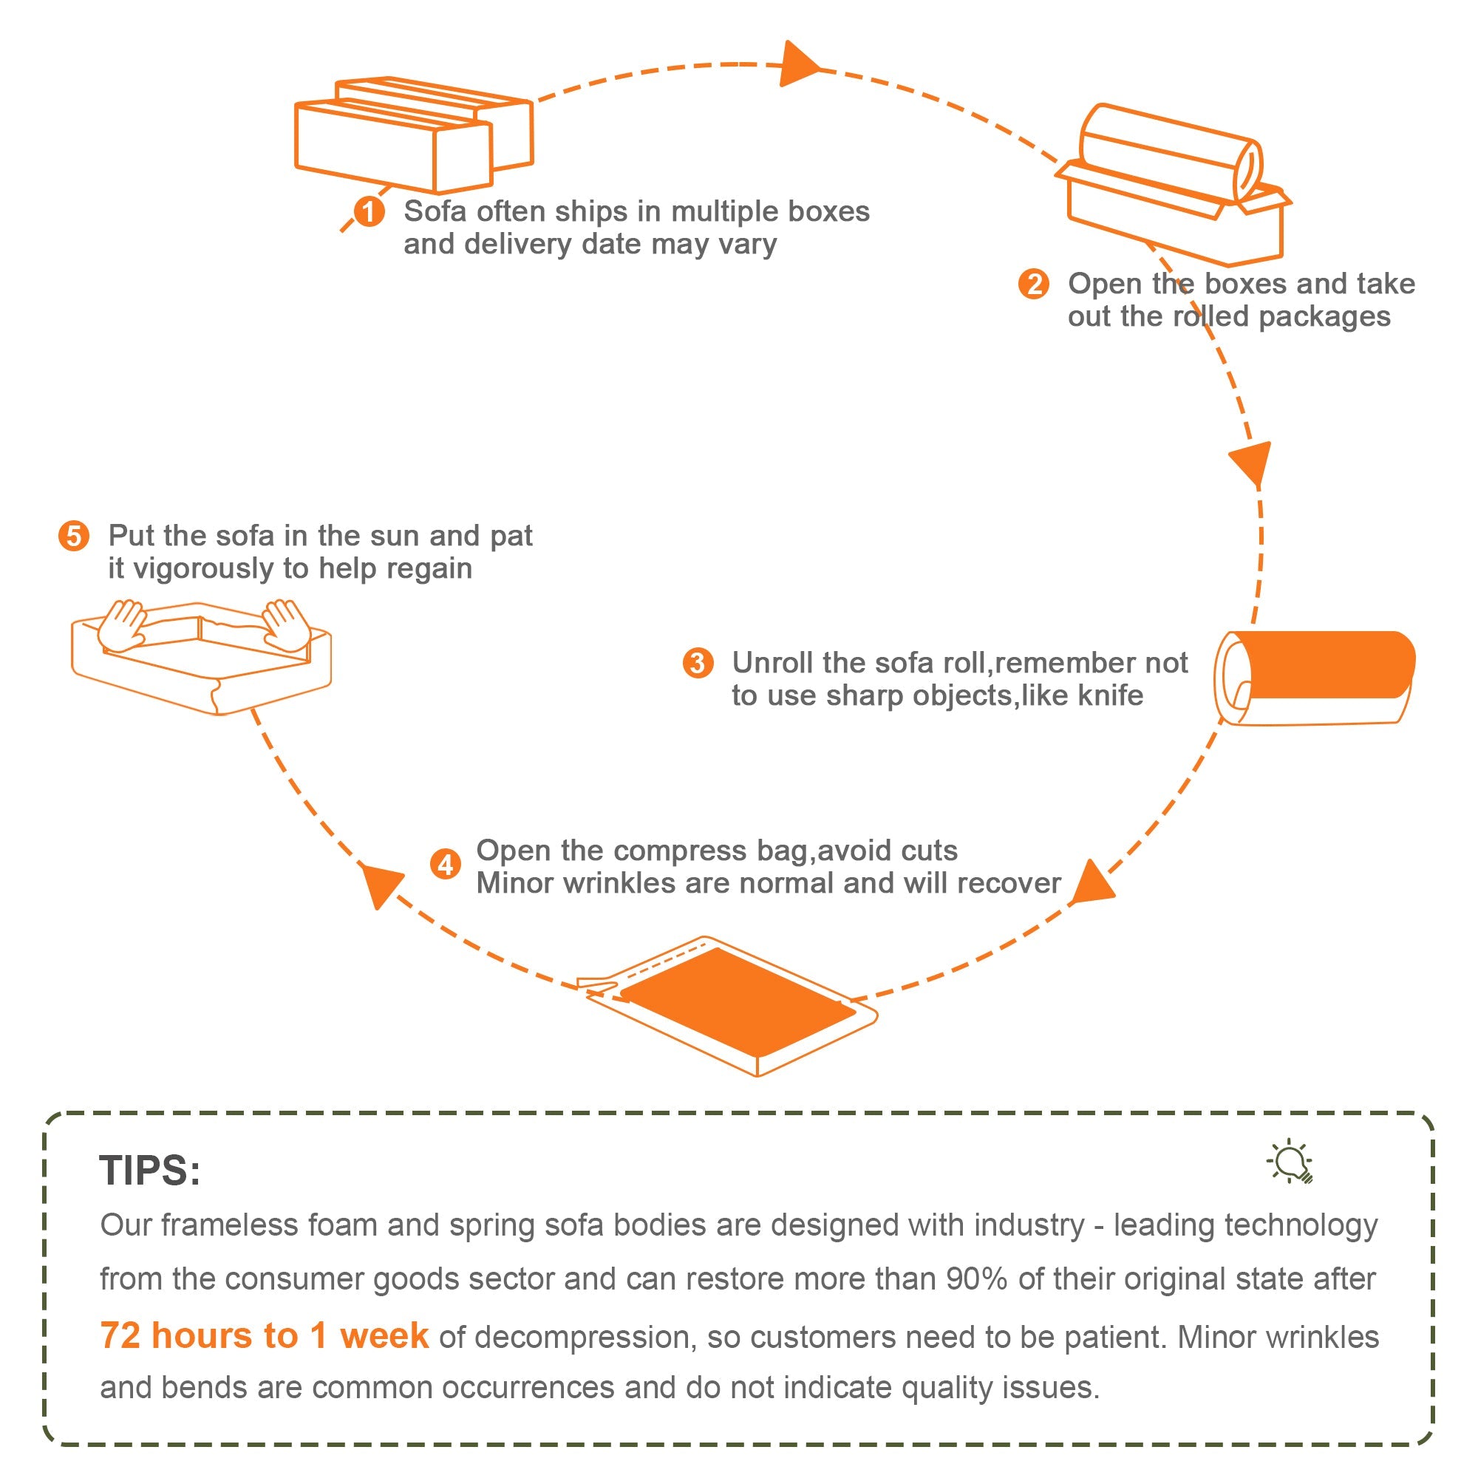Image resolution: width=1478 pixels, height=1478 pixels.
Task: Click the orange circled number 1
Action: coord(369,212)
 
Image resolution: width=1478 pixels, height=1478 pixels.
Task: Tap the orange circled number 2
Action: coord(1034,284)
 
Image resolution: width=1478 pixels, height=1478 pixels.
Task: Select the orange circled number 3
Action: coord(698,662)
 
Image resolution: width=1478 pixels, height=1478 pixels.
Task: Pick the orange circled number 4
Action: coord(445,865)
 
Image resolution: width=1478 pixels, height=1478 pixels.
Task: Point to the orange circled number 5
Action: coord(74,537)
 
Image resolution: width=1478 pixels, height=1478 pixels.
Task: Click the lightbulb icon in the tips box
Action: coord(1291,1162)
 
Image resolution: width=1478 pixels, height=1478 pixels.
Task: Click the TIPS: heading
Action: coord(150,1171)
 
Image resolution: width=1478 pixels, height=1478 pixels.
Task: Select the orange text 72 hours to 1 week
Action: coord(264,1335)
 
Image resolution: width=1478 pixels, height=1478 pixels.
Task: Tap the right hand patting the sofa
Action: coord(285,624)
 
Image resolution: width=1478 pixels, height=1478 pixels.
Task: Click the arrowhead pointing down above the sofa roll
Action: coord(1252,463)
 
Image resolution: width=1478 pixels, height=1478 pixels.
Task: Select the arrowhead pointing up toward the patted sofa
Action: coord(380,885)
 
